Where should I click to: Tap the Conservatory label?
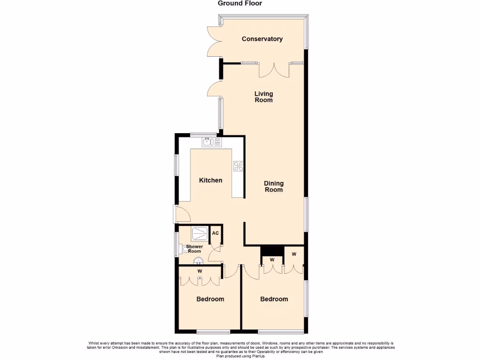click(262, 39)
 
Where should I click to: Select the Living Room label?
click(263, 97)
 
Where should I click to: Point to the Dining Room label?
click(274, 187)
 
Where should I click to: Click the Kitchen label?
click(210, 180)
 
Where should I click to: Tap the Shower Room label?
click(195, 249)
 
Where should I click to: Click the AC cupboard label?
click(216, 233)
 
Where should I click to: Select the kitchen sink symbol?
click(208, 142)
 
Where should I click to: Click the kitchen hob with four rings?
click(238, 165)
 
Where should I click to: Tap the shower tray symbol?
click(199, 233)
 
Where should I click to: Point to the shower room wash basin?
click(198, 261)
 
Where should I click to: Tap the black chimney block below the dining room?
click(272, 251)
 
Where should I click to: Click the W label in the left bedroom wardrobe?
click(199, 271)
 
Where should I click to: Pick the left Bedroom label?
click(210, 299)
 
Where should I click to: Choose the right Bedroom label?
click(274, 299)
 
